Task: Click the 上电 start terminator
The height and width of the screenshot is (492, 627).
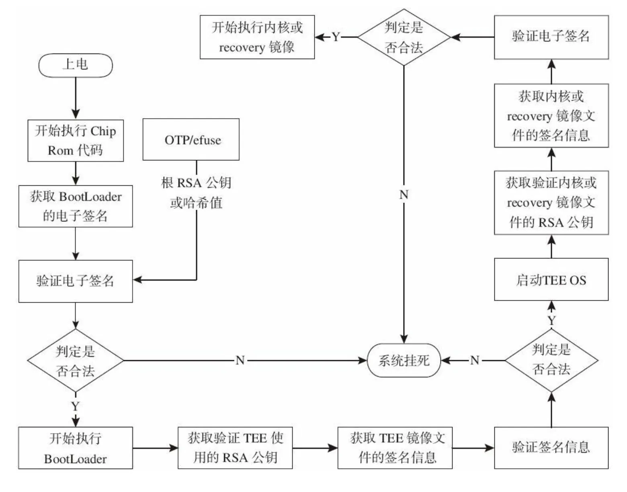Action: [x=75, y=65]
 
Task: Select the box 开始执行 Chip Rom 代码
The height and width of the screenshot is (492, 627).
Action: [x=76, y=141]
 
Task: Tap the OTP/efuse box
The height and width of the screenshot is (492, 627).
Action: [x=191, y=140]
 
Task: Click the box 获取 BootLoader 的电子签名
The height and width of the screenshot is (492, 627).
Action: [x=76, y=206]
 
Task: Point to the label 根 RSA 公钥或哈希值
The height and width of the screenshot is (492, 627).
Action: [x=196, y=193]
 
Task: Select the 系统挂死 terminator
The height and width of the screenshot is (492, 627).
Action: [x=404, y=361]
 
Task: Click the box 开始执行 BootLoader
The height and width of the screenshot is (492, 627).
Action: [x=76, y=448]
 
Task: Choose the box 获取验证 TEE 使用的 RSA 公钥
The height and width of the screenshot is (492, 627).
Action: [x=235, y=448]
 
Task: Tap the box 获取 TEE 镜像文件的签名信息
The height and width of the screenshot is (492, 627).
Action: [x=395, y=448]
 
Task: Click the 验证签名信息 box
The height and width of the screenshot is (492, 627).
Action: [x=551, y=448]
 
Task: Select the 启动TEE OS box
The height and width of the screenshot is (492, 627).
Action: [x=551, y=280]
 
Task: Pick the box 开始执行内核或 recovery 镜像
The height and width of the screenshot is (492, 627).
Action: [x=257, y=37]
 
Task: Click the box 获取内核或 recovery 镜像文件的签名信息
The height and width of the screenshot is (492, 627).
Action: [x=551, y=116]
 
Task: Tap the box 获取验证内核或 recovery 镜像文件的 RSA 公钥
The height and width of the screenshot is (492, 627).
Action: [x=551, y=203]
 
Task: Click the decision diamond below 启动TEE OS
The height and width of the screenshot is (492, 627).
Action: [x=551, y=360]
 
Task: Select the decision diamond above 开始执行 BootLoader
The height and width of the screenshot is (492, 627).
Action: [x=76, y=361]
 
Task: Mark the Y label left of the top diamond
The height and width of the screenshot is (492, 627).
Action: [x=336, y=37]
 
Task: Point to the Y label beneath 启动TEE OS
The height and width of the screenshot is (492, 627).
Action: [x=551, y=321]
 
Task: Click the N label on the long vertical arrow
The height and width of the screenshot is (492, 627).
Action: [x=404, y=195]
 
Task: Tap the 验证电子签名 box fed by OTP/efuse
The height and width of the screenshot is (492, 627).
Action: [x=76, y=281]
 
